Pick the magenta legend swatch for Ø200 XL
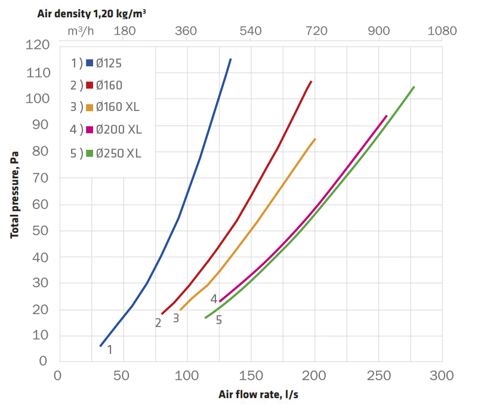coord(89,130)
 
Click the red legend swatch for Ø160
coord(89,85)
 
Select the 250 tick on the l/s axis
coord(378,376)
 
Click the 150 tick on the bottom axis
coord(251,376)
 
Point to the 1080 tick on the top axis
coord(442,31)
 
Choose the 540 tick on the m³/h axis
coord(251,31)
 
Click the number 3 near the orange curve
coord(176,318)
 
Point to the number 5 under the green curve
coord(219,320)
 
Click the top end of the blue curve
coord(230,59)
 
